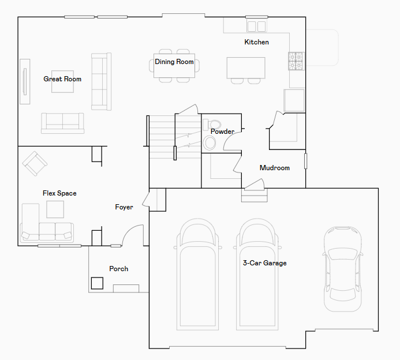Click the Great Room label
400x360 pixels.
[62, 79]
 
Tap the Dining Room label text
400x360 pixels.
[174, 62]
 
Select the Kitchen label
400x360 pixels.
[256, 42]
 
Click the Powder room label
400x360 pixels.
[222, 132]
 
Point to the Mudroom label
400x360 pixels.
[274, 168]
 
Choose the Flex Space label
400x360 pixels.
[59, 193]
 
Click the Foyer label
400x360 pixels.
[124, 207]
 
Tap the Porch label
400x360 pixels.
[119, 269]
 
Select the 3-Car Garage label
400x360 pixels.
[264, 263]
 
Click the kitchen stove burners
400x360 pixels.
[296, 61]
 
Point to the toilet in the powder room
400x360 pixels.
[214, 124]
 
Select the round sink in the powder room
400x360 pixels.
[209, 142]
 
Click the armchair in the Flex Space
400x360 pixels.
[34, 163]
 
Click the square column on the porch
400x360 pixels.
[97, 283]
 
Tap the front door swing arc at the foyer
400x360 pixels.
[133, 233]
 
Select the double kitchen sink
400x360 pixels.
[256, 27]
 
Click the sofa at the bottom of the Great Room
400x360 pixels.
[62, 122]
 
